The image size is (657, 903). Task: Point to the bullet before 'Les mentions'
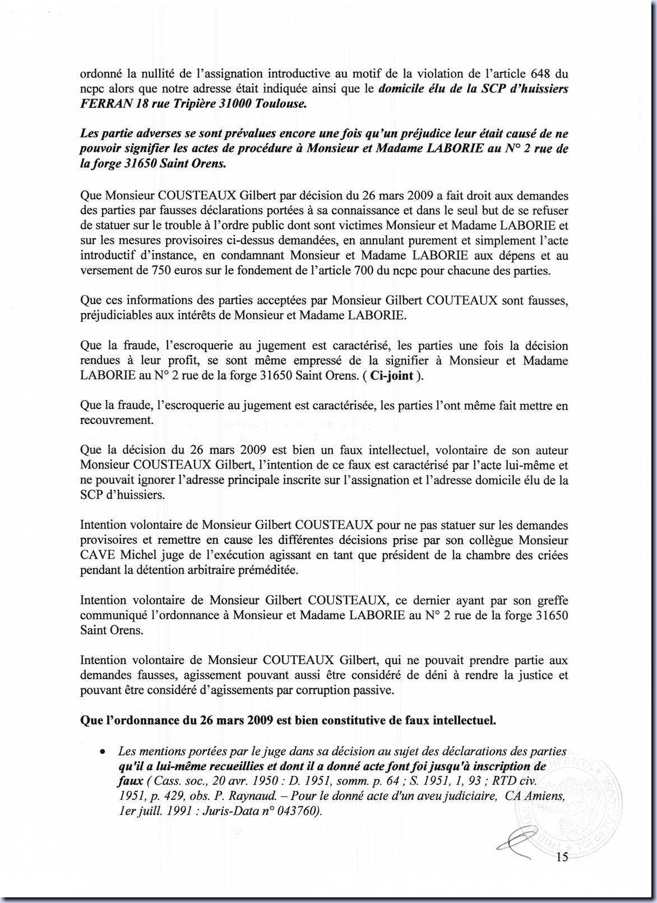tap(103, 752)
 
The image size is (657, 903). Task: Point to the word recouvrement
tap(115, 420)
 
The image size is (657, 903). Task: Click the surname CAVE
tap(95, 555)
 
